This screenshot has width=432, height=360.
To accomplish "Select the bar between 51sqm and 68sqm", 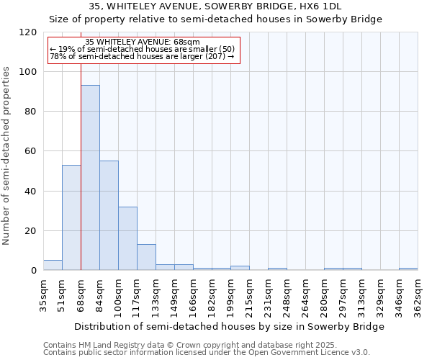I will click(x=71, y=217).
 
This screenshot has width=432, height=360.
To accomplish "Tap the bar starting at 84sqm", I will click(x=109, y=215).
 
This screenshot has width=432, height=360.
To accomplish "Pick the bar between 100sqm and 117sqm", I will click(x=127, y=238).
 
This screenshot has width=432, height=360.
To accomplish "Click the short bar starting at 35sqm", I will click(x=53, y=265).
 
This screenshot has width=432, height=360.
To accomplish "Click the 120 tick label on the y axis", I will click(x=28, y=32).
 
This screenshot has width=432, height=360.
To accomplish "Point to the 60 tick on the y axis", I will click(x=31, y=151).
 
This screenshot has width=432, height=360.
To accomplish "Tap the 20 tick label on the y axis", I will click(x=31, y=231).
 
